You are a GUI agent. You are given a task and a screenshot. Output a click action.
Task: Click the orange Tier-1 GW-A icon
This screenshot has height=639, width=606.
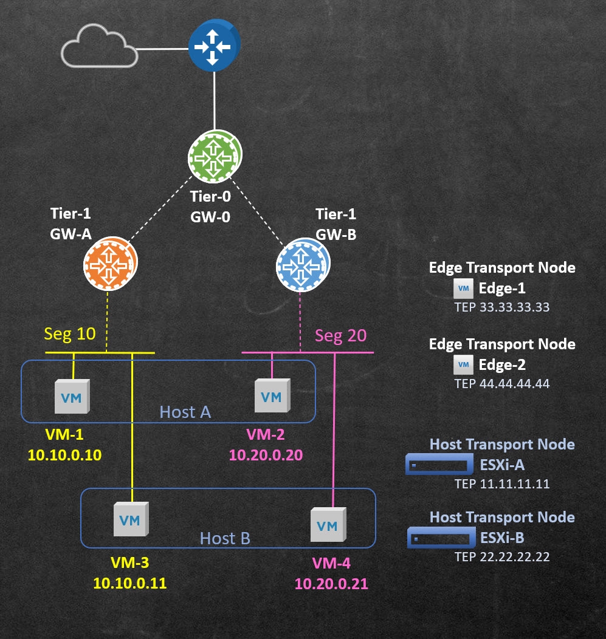point(109,264)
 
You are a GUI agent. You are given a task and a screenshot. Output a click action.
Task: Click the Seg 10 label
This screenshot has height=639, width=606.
point(70,333)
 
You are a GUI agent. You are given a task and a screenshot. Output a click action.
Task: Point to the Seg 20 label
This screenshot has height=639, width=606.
point(341,335)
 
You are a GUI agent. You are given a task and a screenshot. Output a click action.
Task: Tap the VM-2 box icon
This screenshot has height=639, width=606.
point(272,396)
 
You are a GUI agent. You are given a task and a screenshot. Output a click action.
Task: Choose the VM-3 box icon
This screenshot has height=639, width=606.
point(131,519)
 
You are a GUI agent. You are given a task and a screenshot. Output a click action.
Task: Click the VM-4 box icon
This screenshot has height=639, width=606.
point(328,524)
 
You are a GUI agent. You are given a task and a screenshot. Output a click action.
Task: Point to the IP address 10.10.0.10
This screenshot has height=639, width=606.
point(64,454)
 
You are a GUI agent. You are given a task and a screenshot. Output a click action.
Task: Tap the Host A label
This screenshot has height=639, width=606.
point(185,412)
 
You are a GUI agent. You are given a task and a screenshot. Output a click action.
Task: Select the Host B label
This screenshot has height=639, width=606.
point(225,538)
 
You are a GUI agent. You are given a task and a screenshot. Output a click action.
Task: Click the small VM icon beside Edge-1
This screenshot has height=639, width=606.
point(464,289)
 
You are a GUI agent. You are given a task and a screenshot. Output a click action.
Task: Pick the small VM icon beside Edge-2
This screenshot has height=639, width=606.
point(464,364)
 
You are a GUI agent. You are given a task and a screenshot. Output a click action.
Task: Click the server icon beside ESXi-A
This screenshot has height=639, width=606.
point(439,466)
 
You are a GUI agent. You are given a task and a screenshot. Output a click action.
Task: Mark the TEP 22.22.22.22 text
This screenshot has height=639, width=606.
point(502,556)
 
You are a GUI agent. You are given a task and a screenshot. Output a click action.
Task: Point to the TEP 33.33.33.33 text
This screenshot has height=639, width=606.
point(502,307)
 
